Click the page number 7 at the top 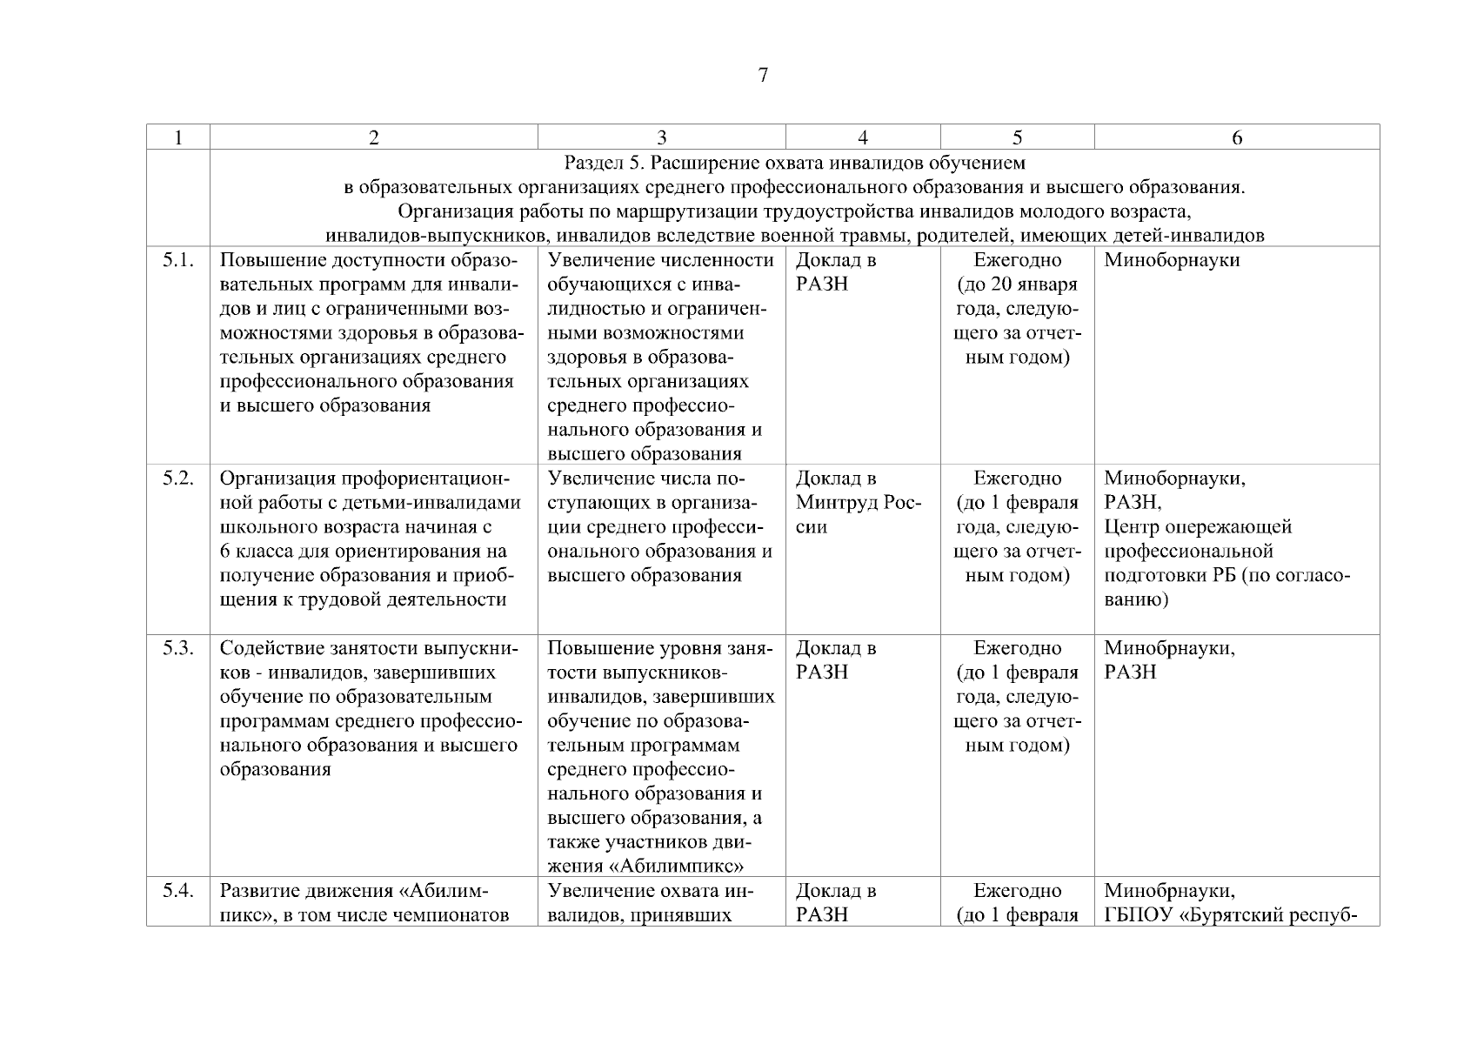coord(763,76)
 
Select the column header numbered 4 coord(862,137)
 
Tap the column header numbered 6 coord(1236,137)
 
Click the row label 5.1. coord(177,260)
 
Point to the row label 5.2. coord(177,478)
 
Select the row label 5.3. coord(177,648)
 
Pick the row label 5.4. coord(177,891)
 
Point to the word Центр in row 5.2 coord(1128,527)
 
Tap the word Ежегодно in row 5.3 coord(1017,648)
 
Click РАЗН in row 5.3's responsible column coord(1130,673)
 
